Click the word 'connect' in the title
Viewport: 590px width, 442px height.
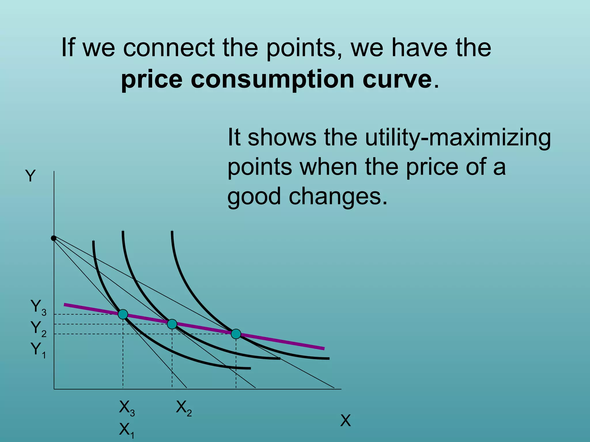169,48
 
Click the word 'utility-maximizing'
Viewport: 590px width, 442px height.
458,138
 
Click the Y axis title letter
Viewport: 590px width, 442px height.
30,176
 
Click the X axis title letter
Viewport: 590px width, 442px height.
345,421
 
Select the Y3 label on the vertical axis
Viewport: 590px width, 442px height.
38,307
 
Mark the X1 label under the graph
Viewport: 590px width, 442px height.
127,430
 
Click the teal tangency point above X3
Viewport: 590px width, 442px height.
123,314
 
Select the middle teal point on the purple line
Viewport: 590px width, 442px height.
172,324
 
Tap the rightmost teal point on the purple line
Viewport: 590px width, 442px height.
236,334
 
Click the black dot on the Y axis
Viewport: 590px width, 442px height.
54,238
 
